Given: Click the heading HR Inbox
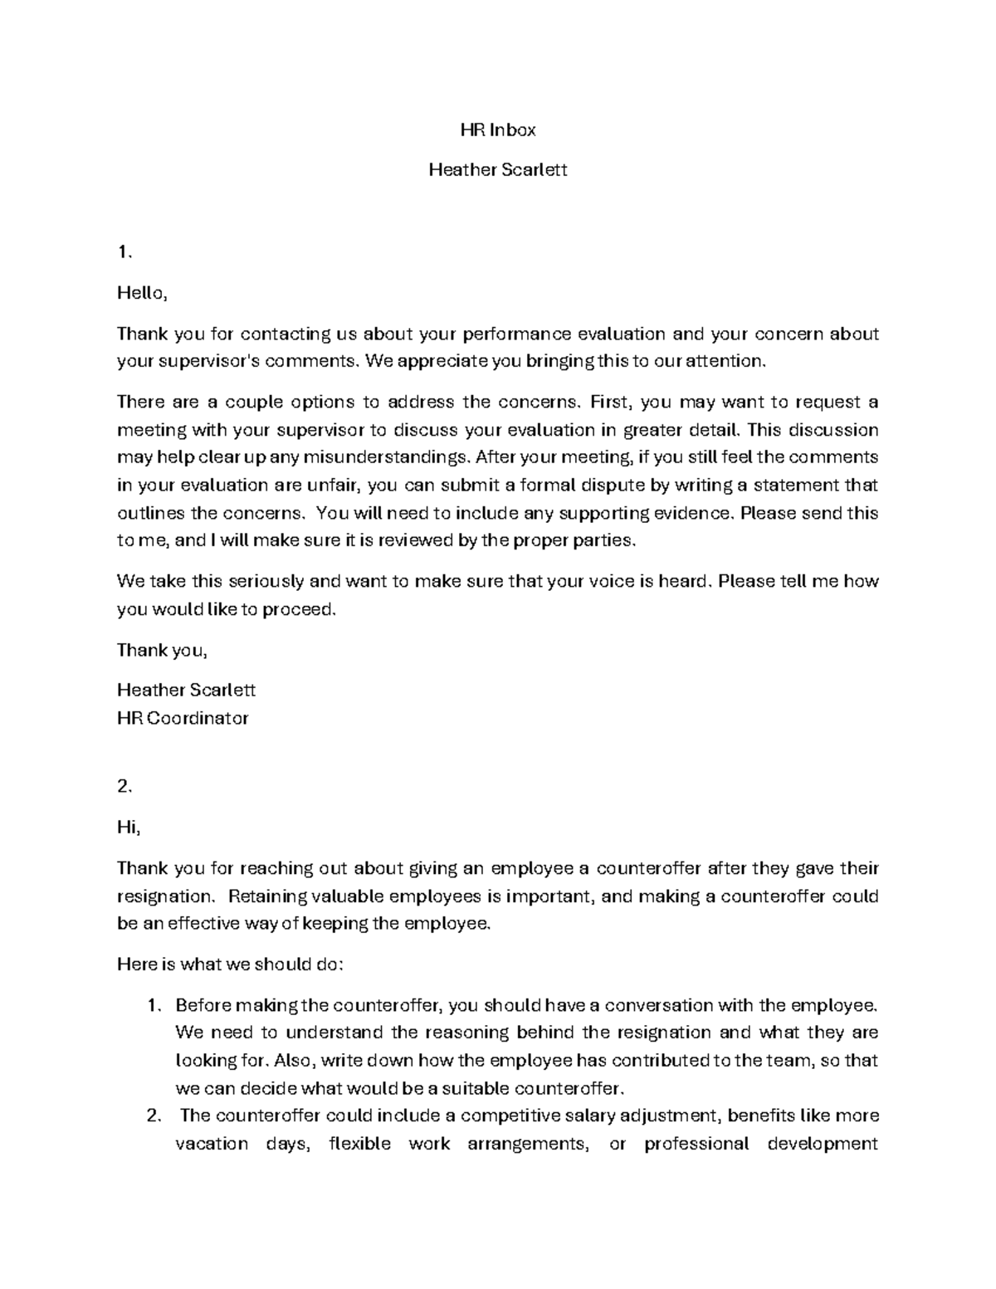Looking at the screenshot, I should point(498,129).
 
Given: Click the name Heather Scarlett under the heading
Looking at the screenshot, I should point(498,170).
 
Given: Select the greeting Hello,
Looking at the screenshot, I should point(142,293).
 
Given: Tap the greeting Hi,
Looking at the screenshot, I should point(129,828).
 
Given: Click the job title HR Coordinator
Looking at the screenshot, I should point(183,718).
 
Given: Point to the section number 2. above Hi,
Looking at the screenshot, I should point(124,787).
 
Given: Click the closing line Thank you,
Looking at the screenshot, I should point(162,650).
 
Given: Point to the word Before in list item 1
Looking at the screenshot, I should point(203,1006).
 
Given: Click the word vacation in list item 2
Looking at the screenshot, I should point(211,1144).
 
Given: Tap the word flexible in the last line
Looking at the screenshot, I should point(359,1144).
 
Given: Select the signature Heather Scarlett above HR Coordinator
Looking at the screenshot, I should point(186,690).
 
